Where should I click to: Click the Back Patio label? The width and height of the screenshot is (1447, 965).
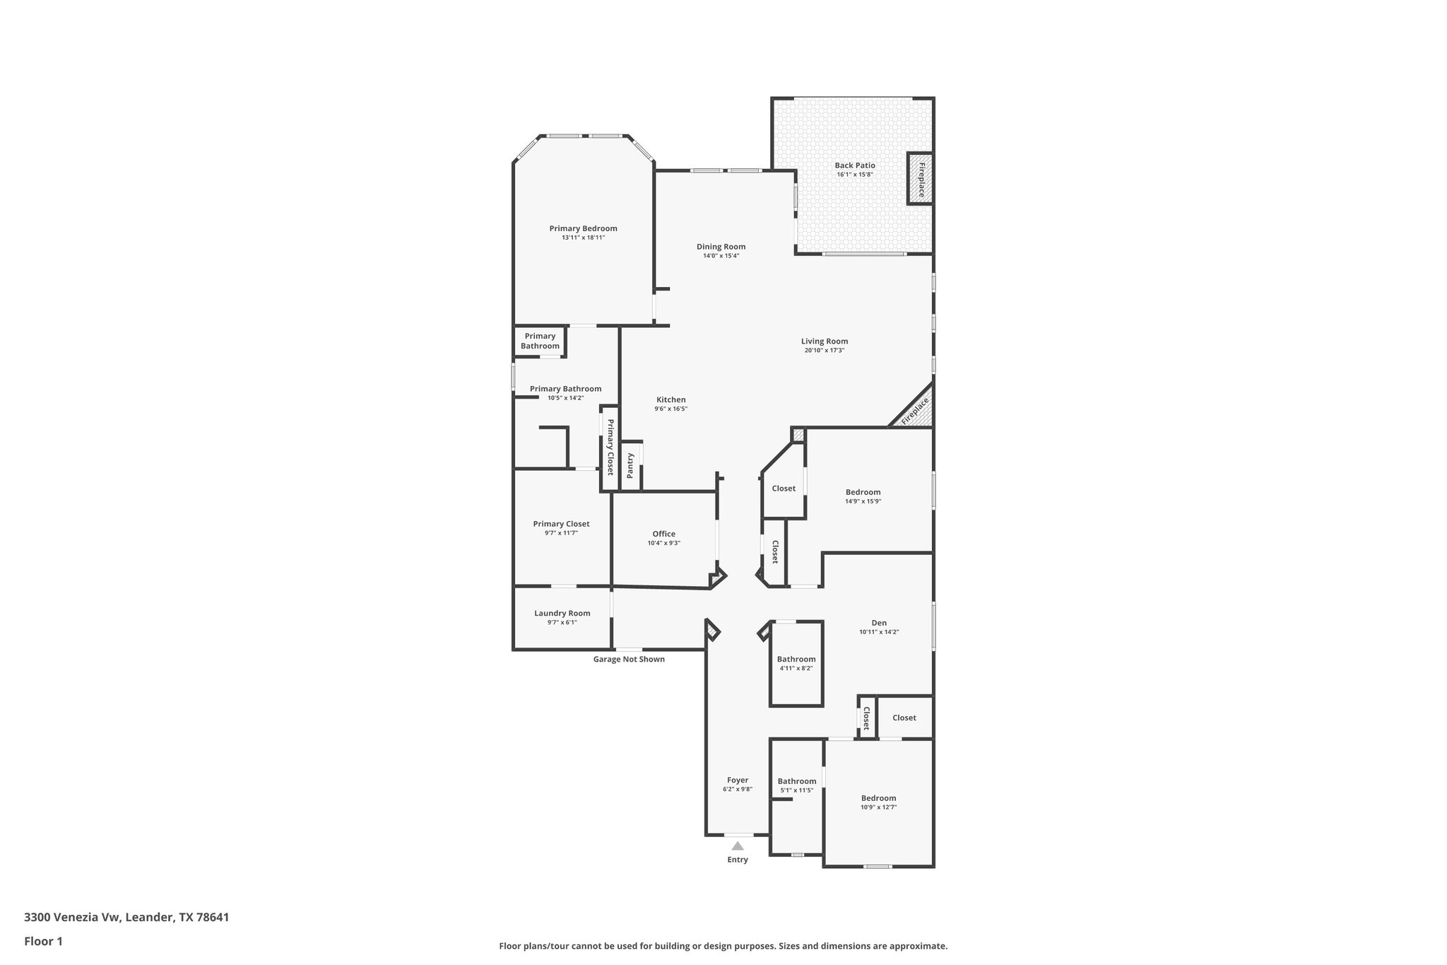855,165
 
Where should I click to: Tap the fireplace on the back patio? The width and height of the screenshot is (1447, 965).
921,179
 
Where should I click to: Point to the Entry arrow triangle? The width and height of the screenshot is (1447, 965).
738,846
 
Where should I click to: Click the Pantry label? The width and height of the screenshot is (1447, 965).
630,466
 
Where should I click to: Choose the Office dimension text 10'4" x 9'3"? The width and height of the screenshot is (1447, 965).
663,543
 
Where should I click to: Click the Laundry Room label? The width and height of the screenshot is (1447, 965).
562,613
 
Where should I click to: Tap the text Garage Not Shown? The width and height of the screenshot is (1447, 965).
629,659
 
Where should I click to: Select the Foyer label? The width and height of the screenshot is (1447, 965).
737,780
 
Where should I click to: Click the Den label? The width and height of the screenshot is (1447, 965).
878,623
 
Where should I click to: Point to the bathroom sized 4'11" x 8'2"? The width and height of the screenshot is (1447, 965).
796,663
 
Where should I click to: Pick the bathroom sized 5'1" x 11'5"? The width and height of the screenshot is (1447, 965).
796,785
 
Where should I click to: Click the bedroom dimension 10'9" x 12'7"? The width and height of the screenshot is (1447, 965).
878,807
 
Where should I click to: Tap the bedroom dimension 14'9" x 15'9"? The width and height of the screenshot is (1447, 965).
863,501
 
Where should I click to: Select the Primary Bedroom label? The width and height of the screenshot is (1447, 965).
583,228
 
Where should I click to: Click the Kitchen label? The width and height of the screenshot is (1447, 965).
671,399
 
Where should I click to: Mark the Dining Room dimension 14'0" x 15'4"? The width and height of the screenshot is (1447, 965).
721,256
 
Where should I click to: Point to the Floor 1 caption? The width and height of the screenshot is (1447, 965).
44,941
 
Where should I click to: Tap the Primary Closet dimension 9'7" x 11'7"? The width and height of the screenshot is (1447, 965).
561,533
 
